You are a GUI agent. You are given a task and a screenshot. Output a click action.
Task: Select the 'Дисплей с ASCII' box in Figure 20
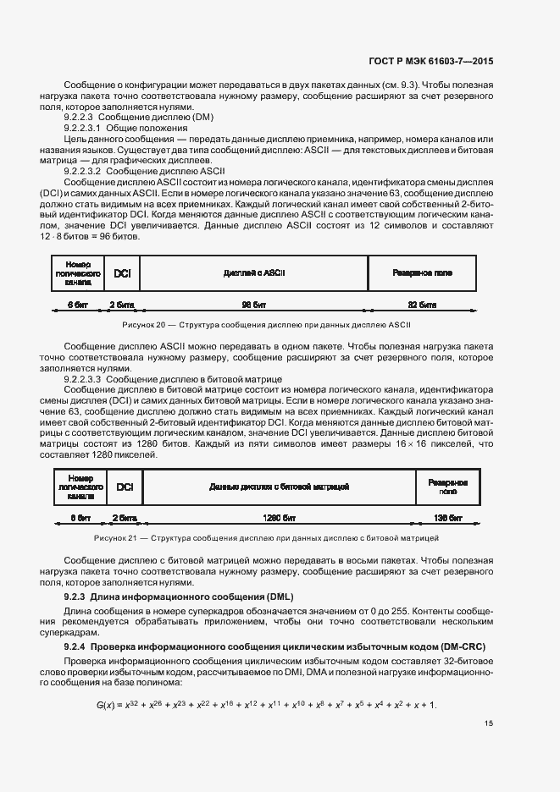tap(254, 273)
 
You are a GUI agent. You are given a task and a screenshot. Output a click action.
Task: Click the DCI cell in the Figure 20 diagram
tap(122, 273)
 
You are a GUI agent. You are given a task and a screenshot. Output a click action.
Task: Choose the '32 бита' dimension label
tap(422, 302)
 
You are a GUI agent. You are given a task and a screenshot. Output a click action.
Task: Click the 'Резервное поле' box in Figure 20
tap(422, 273)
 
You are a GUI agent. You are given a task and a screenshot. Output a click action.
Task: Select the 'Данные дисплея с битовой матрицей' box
tap(279, 487)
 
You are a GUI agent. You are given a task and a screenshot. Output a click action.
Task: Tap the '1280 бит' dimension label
tap(279, 516)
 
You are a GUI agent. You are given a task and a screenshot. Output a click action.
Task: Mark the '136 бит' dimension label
tap(447, 516)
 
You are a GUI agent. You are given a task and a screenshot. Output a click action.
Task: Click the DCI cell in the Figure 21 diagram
tap(125, 487)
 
